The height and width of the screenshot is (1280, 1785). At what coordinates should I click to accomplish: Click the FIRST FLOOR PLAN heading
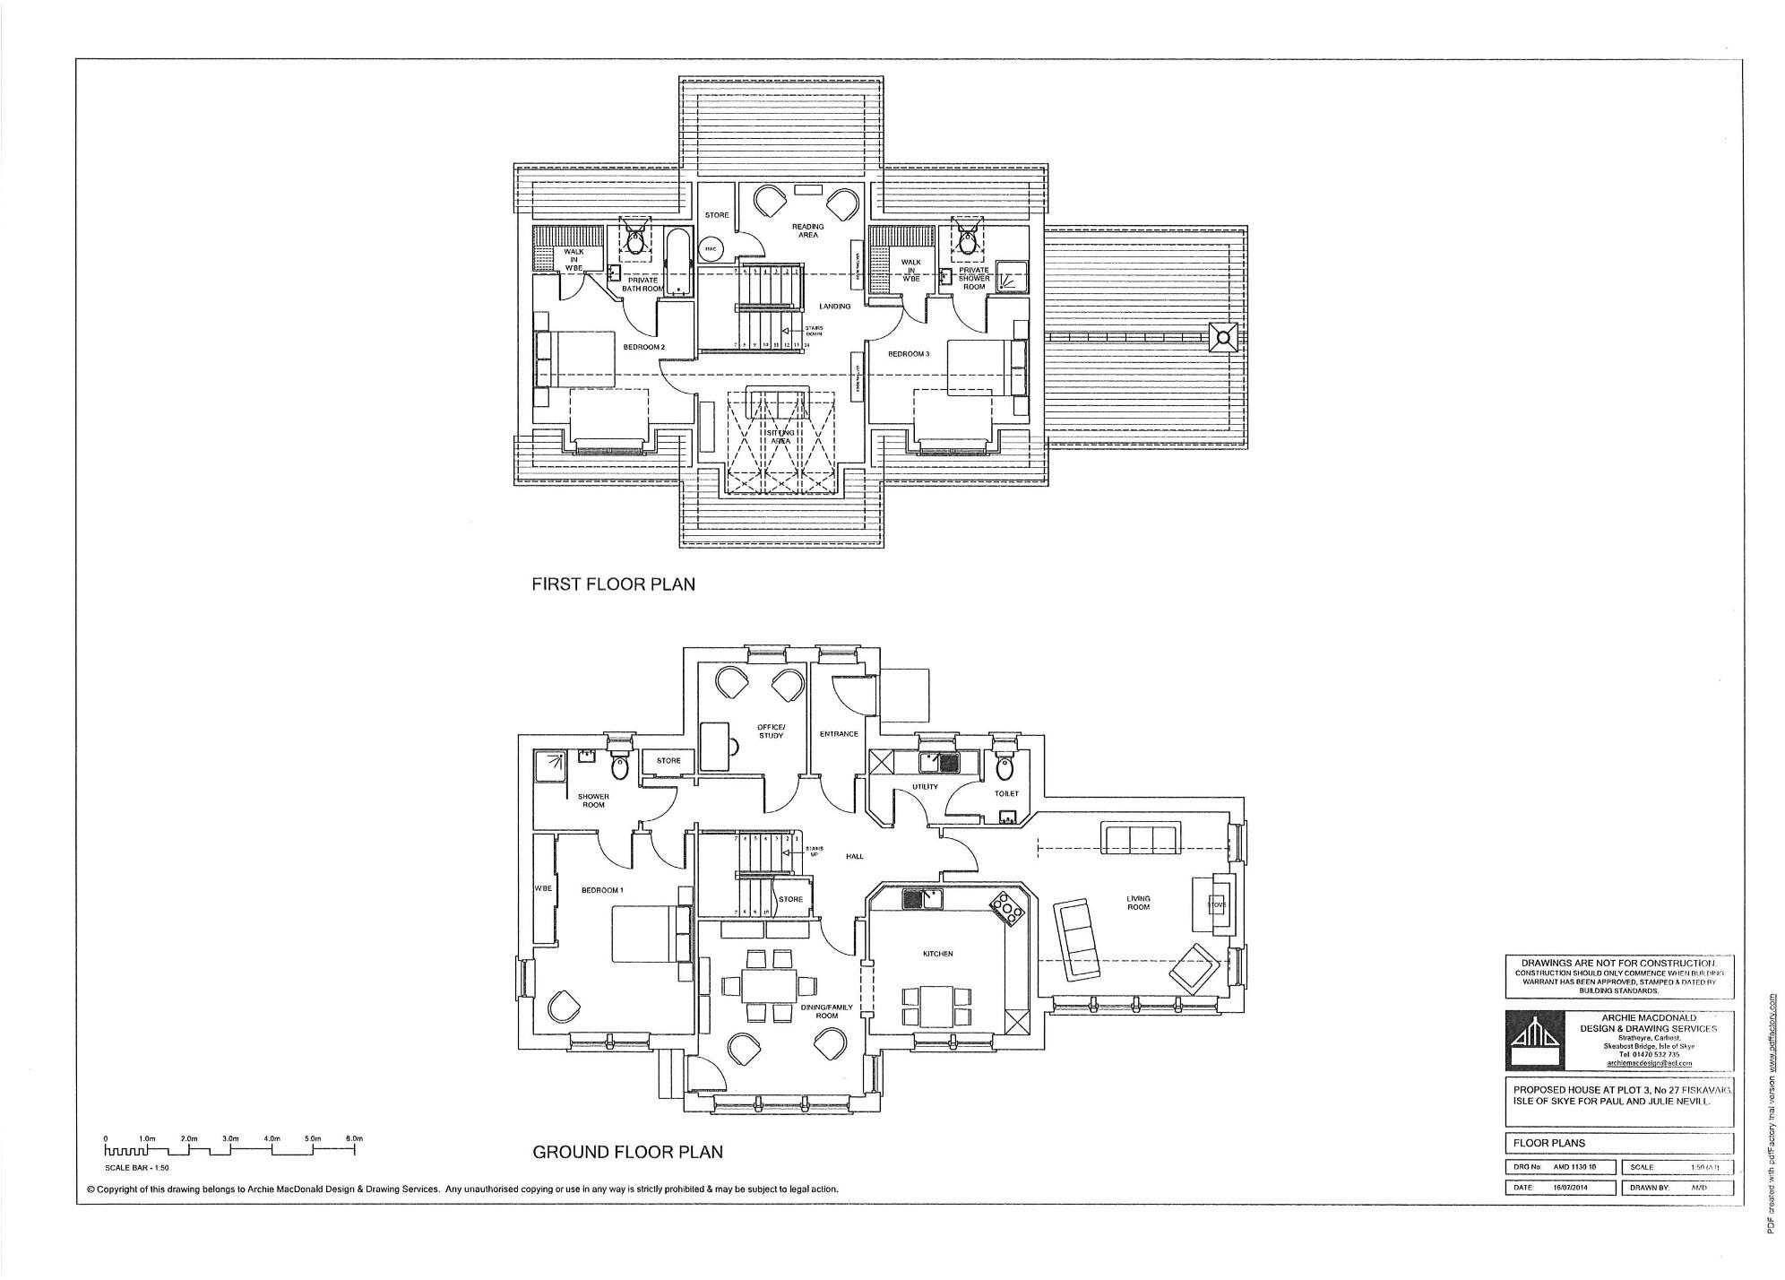pos(613,584)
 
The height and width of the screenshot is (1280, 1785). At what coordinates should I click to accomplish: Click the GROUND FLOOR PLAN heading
pos(627,1152)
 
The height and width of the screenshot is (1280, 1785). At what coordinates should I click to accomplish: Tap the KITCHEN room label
pos(937,954)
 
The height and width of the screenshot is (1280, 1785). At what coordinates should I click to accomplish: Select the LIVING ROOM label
pos(1138,902)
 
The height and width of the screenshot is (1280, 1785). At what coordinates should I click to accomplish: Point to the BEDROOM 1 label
pos(601,890)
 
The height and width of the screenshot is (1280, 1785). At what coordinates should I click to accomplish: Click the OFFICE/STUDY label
pos(771,731)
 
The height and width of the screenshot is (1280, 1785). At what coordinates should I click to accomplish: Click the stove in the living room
pos(1215,904)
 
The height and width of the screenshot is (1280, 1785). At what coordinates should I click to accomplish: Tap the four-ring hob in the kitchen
pos(1011,908)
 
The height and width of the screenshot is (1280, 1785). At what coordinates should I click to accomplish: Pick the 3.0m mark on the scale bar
pos(230,1139)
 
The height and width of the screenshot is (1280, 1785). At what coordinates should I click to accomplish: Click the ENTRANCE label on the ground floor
pos(839,734)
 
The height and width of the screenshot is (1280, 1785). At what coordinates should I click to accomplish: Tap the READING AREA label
pos(807,230)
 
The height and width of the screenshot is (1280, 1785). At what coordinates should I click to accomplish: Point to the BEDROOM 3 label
pos(909,354)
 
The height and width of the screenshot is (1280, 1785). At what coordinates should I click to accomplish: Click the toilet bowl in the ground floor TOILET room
pos(1005,768)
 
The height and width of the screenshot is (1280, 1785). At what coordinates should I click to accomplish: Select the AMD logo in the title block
pos(1535,1040)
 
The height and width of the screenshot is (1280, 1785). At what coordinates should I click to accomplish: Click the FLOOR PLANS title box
pos(1618,1143)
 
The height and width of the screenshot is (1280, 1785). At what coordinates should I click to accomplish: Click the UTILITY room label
pos(925,787)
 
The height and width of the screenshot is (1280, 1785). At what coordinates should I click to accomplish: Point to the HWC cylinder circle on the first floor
pos(710,248)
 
